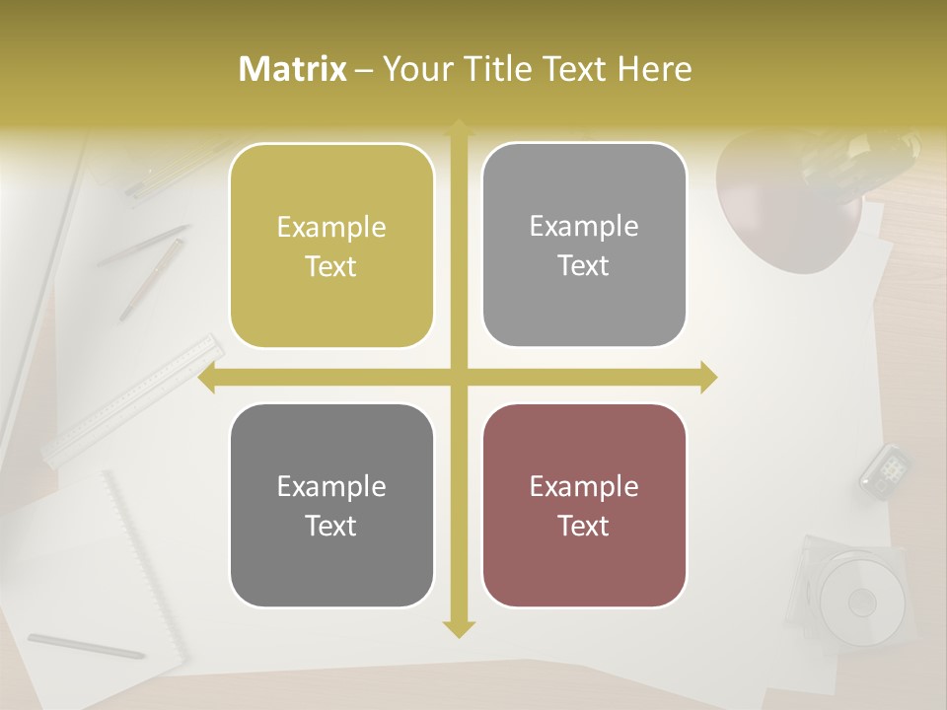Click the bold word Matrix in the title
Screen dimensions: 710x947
coord(293,69)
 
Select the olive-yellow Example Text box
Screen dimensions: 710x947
coord(331,246)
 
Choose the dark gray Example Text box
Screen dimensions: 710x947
coord(331,505)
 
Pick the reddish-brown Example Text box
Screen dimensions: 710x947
coord(584,505)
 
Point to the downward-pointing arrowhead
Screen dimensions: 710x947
coord(459,628)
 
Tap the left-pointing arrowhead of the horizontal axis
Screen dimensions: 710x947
coord(207,378)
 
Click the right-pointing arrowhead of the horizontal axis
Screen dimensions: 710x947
coord(708,378)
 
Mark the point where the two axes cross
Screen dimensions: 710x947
coord(459,378)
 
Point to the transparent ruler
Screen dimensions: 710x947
coord(133,399)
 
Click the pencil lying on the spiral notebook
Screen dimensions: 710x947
coord(86,646)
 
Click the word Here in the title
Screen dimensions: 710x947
coord(654,69)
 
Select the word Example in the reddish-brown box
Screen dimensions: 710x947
coord(584,486)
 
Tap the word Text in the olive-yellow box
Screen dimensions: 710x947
coord(331,266)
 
